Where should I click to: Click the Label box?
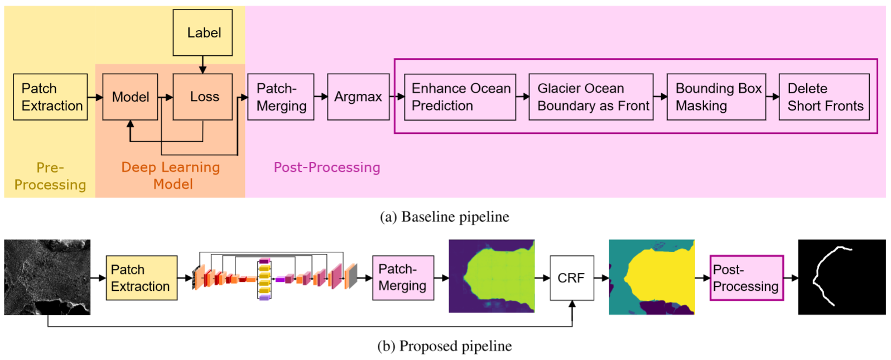coord(203,32)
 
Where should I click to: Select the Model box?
coord(130,97)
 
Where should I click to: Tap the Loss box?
coord(203,97)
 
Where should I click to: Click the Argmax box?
coord(358,97)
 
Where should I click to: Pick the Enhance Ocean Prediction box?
coord(460,97)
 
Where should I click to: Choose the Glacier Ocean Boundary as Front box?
coord(591,97)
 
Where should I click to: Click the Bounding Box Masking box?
coord(716,97)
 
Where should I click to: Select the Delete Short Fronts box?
coord(824,97)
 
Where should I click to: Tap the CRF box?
coord(572,277)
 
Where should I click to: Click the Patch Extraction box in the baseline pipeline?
coord(50,97)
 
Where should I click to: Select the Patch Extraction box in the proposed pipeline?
coord(141,277)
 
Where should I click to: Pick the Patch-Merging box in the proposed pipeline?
coord(403,277)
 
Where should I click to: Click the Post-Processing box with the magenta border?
coord(746,277)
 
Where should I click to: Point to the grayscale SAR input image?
coord(47,277)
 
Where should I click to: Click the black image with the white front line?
coord(842,277)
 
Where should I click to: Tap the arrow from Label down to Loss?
coord(203,65)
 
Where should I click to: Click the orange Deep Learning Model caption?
coord(171,175)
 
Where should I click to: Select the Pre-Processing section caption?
coord(50,176)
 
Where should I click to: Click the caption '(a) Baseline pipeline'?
coord(444,217)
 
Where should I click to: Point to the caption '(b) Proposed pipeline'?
coord(444,345)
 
